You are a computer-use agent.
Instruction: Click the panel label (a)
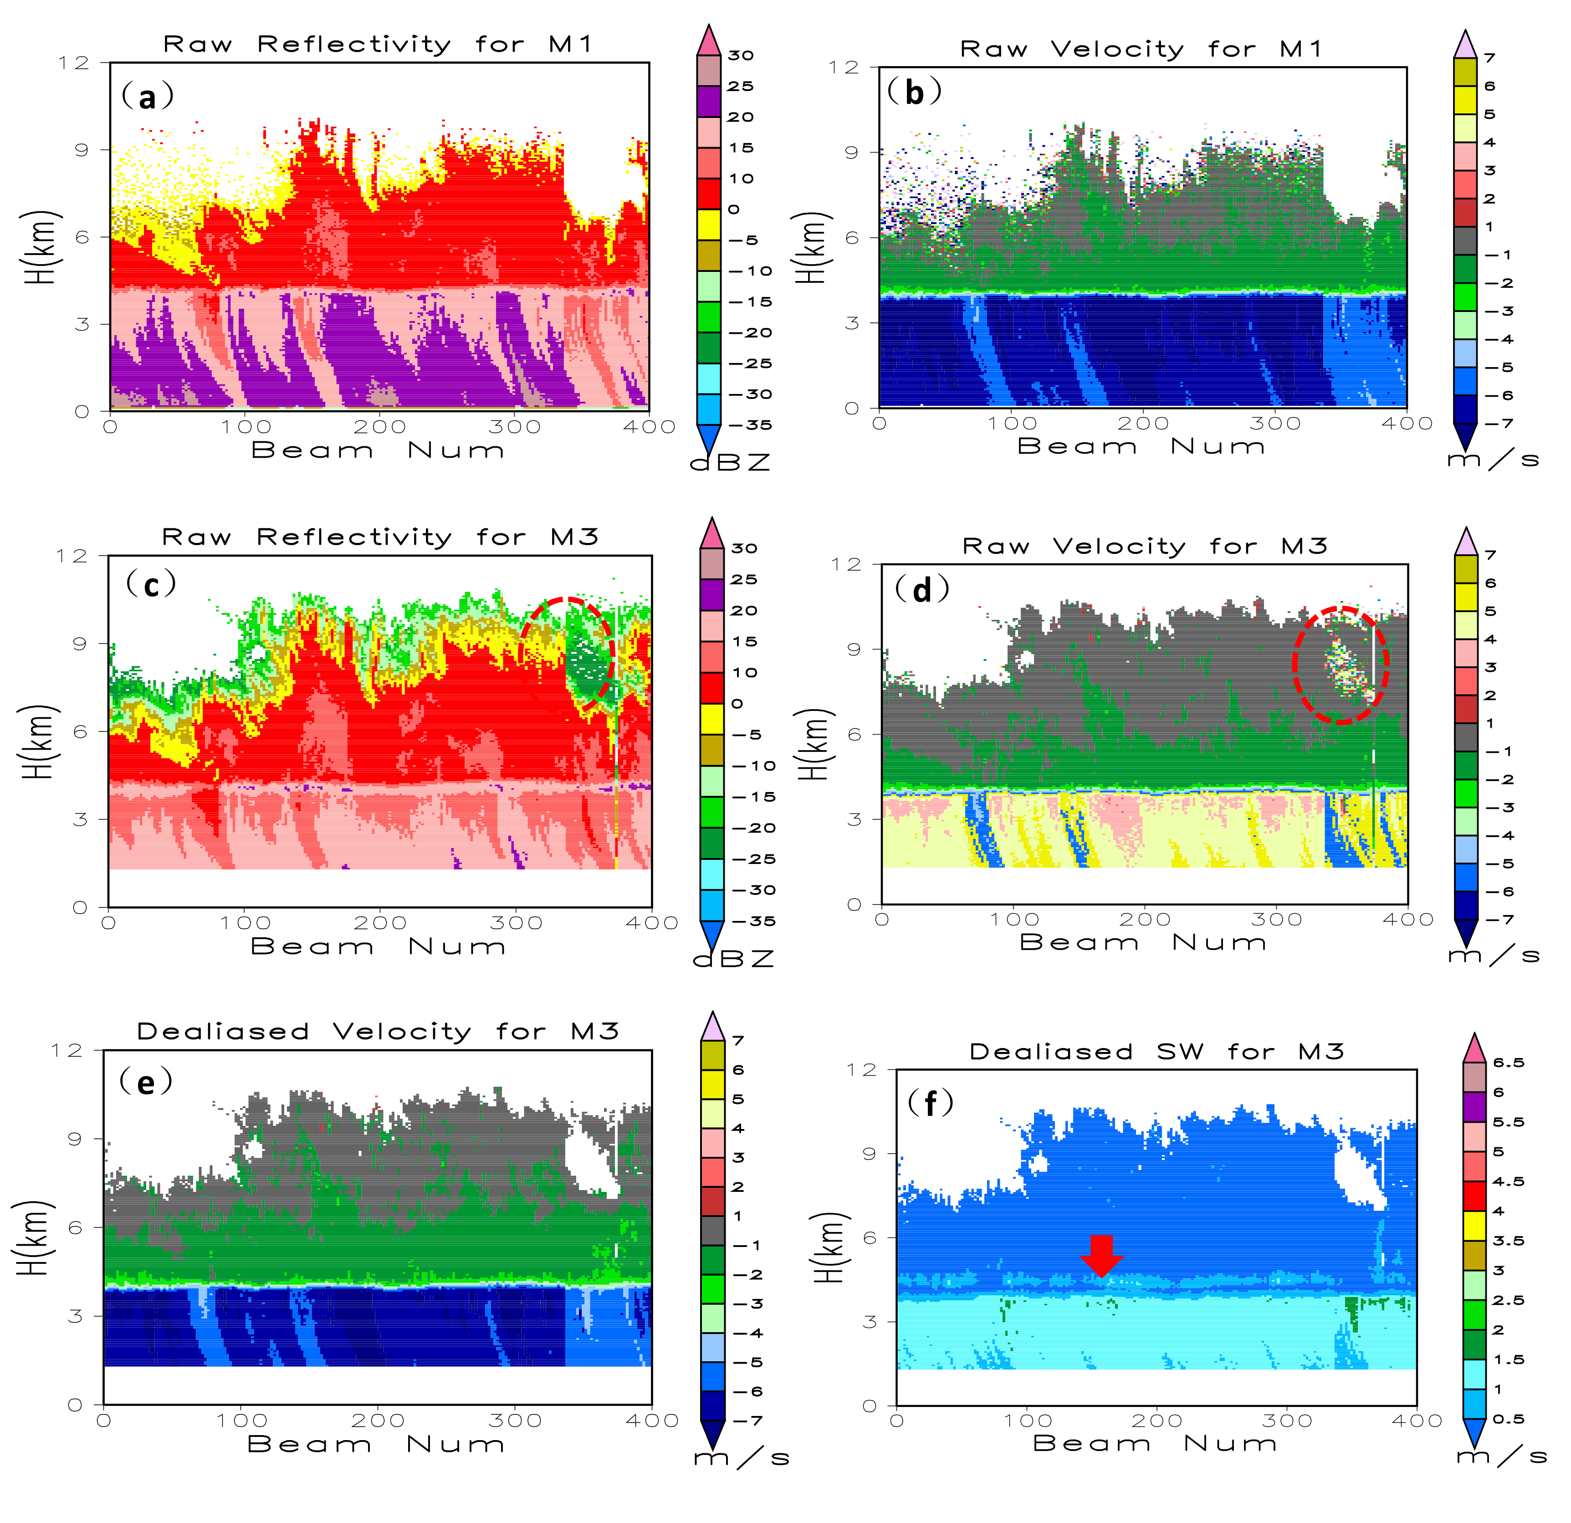point(147,97)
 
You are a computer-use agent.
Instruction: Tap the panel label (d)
point(922,590)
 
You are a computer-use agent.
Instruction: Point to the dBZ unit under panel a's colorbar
point(730,463)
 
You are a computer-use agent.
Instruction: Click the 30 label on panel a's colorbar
point(741,55)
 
